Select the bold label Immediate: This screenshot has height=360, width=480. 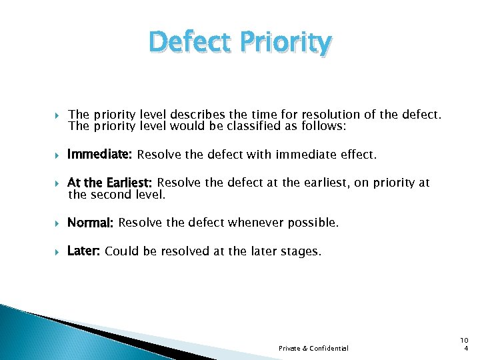100,155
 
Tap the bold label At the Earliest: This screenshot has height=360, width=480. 110,183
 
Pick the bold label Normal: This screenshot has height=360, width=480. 91,223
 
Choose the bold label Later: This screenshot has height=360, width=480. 84,251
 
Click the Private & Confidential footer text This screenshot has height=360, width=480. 313,348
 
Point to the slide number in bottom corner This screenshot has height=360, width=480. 465,344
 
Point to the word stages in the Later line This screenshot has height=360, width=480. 301,251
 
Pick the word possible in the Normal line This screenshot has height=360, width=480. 313,223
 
